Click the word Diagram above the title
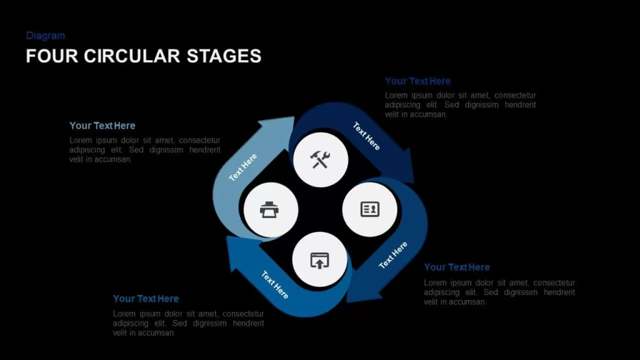click(45, 36)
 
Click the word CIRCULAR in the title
click(132, 56)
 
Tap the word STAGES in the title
click(224, 56)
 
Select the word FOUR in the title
click(51, 56)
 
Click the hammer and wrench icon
click(320, 159)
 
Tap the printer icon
click(269, 210)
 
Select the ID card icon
click(370, 209)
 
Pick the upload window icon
click(319, 261)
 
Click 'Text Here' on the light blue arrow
click(243, 167)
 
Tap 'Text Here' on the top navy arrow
click(366, 136)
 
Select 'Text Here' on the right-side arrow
click(393, 255)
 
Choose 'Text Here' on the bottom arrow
click(275, 284)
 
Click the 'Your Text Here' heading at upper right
click(417, 81)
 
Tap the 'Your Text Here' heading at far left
click(102, 126)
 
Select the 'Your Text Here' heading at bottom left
click(146, 299)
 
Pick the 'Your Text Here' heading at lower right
click(457, 267)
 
